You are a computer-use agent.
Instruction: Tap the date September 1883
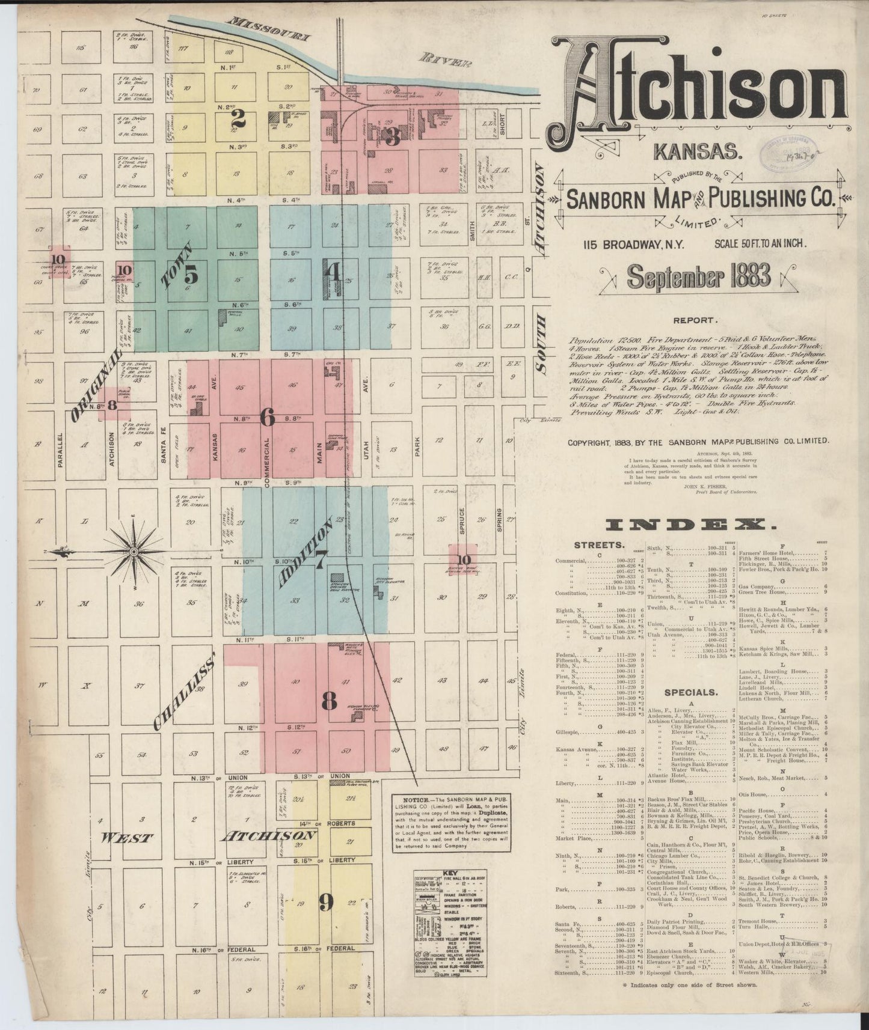(698, 276)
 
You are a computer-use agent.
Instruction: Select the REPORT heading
(695, 321)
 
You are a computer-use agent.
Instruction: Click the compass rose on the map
(134, 550)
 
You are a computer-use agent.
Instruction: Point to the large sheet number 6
(268, 416)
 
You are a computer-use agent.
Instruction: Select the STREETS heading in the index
(598, 545)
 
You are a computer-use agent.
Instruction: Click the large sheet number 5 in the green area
(191, 275)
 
